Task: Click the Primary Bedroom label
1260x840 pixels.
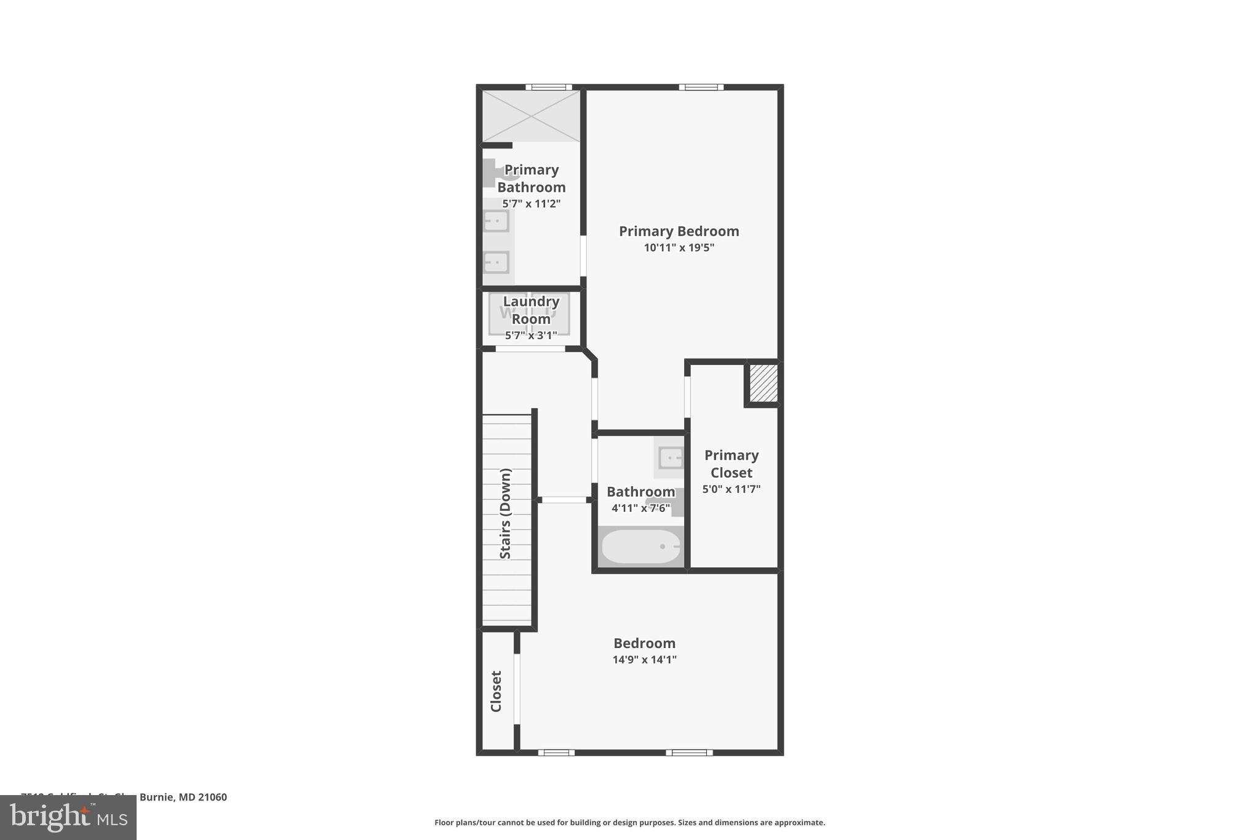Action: (679, 231)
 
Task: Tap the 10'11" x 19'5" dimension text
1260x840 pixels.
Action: (679, 248)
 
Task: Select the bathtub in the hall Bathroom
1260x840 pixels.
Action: (640, 546)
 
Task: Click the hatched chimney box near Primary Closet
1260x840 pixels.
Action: (763, 383)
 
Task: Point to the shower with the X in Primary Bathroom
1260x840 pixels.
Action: (531, 116)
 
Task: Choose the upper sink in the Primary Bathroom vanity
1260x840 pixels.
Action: (496, 221)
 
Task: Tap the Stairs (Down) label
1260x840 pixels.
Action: (506, 514)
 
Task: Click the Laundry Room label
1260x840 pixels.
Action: (531, 310)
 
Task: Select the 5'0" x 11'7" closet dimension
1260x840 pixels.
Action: (732, 489)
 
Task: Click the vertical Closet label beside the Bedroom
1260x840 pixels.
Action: (496, 691)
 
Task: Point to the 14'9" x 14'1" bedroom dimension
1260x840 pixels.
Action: (644, 660)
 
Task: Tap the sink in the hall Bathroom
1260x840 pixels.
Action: (670, 458)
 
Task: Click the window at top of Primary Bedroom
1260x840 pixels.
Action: (701, 87)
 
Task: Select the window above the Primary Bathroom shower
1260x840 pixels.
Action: (548, 87)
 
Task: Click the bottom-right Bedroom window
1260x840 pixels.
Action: (689, 752)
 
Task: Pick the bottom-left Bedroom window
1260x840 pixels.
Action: (556, 752)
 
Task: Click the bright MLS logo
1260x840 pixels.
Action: (68, 818)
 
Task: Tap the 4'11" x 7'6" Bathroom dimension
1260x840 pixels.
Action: (640, 508)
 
